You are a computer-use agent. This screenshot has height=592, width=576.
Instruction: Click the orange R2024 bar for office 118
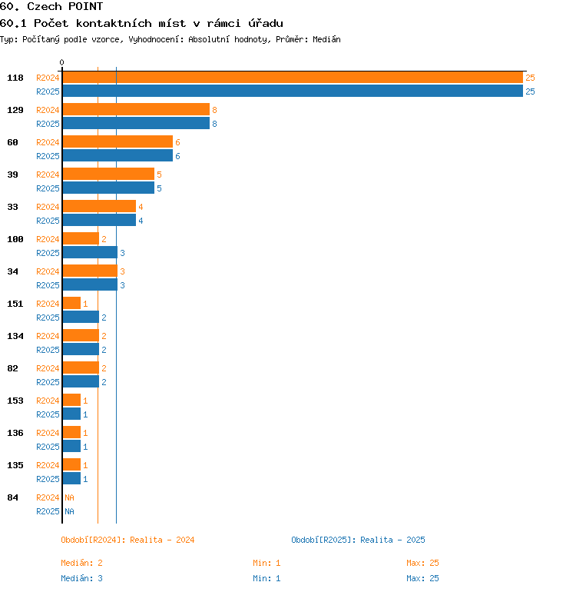(x=292, y=78)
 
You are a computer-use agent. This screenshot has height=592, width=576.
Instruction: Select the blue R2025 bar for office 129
(x=136, y=124)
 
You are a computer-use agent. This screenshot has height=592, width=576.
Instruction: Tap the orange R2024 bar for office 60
(x=118, y=142)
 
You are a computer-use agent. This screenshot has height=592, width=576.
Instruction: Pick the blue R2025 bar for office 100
(x=90, y=253)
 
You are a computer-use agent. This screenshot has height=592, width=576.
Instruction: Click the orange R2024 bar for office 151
(x=71, y=304)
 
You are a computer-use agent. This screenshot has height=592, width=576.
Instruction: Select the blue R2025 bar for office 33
(x=99, y=221)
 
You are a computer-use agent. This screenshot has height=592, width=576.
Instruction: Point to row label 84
(x=13, y=497)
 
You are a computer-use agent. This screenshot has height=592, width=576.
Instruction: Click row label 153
(x=15, y=401)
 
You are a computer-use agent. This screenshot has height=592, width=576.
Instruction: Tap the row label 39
(x=13, y=175)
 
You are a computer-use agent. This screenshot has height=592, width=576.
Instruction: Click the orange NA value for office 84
(x=69, y=497)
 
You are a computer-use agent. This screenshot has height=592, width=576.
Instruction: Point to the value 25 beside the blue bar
(x=530, y=92)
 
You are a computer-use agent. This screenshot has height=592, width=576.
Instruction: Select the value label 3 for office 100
(x=122, y=254)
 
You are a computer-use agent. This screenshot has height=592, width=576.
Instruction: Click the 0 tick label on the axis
(x=62, y=63)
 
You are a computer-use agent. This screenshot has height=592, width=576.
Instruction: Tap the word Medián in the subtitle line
(x=326, y=39)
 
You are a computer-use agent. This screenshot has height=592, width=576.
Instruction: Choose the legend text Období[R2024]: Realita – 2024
(x=127, y=540)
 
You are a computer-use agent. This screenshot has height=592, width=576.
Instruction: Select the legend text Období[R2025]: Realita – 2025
(x=358, y=540)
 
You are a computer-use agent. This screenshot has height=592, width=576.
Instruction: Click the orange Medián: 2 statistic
(x=82, y=563)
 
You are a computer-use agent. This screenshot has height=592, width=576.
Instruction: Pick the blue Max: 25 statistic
(x=422, y=578)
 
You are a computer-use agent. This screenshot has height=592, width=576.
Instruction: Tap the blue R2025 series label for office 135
(x=48, y=479)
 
